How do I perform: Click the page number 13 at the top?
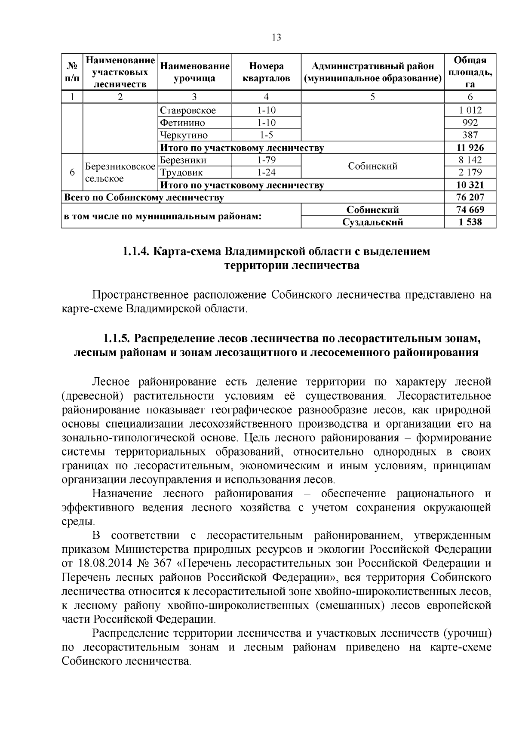276,37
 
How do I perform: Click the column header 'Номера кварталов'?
266,72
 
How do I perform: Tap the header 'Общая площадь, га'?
470,72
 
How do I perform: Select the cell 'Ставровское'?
188,110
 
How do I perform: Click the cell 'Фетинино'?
183,123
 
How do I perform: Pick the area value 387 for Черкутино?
470,135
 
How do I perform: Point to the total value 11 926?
470,148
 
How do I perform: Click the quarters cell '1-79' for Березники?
266,160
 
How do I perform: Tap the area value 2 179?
470,172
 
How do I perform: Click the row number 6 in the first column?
72,172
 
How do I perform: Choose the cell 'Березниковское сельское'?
120,172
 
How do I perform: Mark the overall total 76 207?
470,197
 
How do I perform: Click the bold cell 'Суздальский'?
372,222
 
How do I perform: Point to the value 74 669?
470,210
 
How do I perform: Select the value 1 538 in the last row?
470,222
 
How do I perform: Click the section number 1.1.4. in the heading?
136,251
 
